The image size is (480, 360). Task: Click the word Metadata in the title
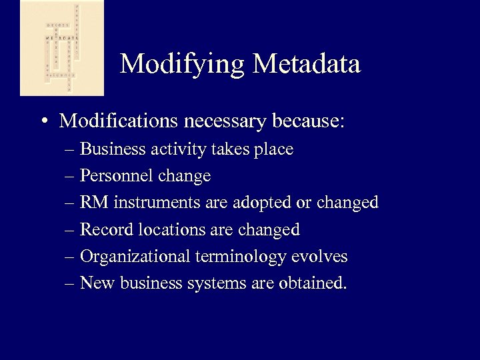(307, 63)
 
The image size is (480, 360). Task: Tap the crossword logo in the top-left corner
(62, 48)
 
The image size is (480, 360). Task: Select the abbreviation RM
(91, 203)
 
